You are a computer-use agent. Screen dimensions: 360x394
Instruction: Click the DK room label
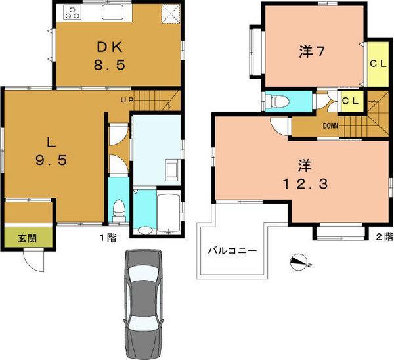110,47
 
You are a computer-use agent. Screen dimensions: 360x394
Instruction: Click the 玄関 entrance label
18,237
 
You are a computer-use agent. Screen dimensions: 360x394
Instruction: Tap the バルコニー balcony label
232,250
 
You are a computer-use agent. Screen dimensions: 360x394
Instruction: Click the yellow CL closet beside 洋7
376,64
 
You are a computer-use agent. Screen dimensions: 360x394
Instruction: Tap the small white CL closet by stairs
350,101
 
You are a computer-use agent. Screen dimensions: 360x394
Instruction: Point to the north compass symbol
299,263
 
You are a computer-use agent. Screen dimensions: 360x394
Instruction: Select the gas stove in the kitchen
72,12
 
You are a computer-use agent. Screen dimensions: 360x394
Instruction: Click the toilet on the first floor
118,210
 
